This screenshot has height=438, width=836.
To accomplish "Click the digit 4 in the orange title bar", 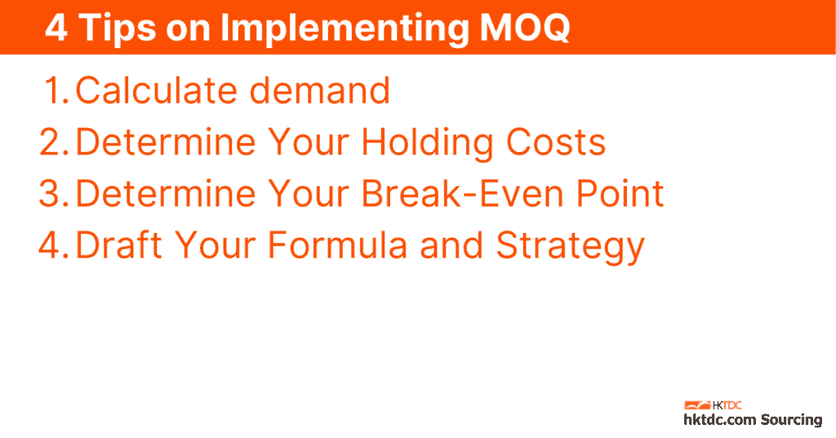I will tap(56, 28).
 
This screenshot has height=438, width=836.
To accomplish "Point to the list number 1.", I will tap(56, 91).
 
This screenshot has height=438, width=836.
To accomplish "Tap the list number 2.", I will tap(55, 142).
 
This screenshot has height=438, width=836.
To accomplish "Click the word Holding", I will tap(427, 142).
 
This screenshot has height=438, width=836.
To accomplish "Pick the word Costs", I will tap(556, 142).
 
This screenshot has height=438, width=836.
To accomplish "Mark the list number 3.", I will tap(55, 194).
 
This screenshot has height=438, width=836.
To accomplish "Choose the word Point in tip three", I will tap(616, 194).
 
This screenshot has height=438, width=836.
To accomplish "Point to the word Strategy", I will tap(571, 247).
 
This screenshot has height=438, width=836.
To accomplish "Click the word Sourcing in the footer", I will tap(791, 420).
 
